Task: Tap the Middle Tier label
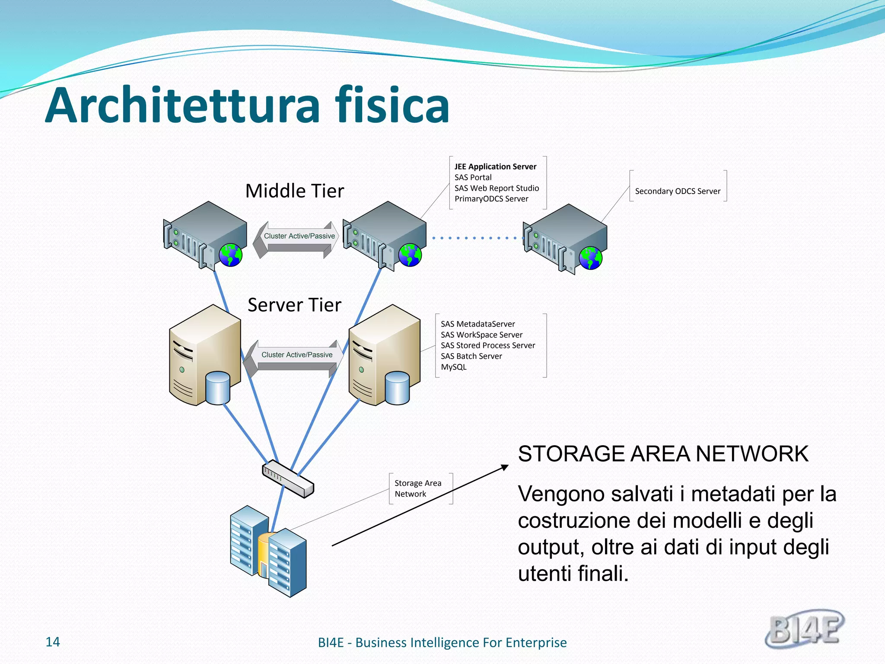click(x=295, y=191)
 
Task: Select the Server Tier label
click(x=294, y=305)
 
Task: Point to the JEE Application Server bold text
click(x=495, y=167)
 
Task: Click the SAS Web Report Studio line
click(x=497, y=188)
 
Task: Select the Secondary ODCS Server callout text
click(x=678, y=192)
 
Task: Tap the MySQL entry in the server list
click(x=453, y=367)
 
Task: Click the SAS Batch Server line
click(x=471, y=356)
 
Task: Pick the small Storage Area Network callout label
click(x=417, y=488)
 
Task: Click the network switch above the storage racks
click(x=288, y=479)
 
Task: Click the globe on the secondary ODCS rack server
click(x=590, y=258)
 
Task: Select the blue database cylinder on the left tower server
click(x=218, y=388)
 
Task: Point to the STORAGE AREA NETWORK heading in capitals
click(x=663, y=454)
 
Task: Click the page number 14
click(x=53, y=642)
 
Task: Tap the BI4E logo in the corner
click(x=805, y=629)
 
